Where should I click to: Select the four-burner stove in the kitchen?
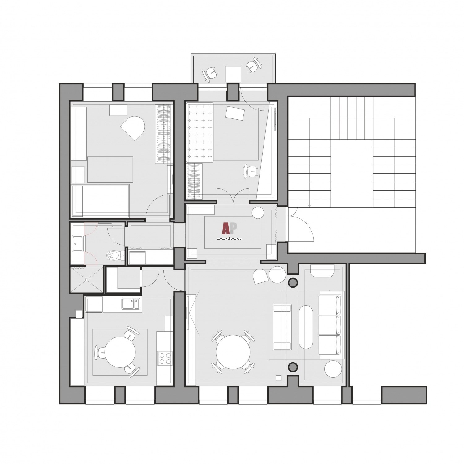pyautogui.click(x=165, y=359)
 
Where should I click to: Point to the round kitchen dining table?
pyautogui.click(x=119, y=351)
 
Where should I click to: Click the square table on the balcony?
pyautogui.click(x=233, y=74)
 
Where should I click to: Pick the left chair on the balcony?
pyautogui.click(x=210, y=74)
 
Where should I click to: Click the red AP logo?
pyautogui.click(x=229, y=228)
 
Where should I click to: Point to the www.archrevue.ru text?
pyautogui.click(x=229, y=239)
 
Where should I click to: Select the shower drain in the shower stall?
pyautogui.click(x=87, y=279)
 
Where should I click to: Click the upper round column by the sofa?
pyautogui.click(x=293, y=282)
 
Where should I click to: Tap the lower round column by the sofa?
pyautogui.click(x=293, y=367)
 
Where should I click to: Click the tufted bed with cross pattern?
pyautogui.click(x=200, y=133)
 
